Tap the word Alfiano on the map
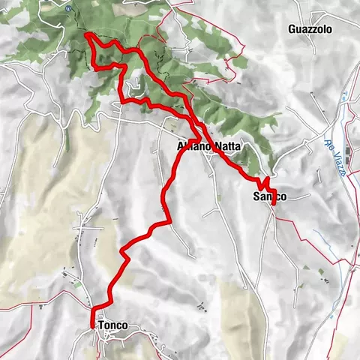190,146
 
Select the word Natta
226,146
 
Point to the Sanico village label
267,196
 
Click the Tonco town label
112,326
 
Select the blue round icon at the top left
68,7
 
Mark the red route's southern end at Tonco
92,325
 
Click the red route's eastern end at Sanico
274,202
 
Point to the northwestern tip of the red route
87,34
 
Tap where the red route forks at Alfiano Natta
197,139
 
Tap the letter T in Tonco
100,326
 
